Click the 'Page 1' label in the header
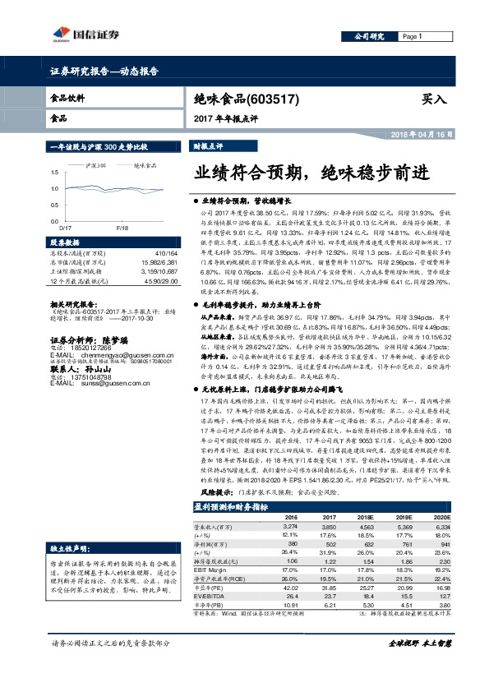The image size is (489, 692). pyautogui.click(x=412, y=37)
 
